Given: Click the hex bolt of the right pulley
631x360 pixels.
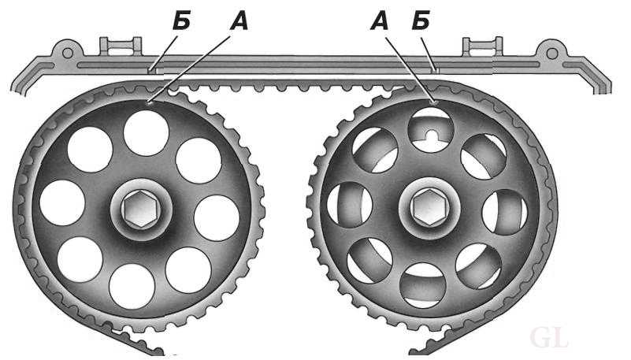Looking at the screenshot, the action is coord(430,207).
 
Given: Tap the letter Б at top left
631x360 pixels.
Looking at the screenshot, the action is coord(181,22).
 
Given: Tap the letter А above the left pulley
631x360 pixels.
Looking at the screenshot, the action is coord(239,22).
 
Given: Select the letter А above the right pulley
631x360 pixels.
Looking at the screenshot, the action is coord(380,22).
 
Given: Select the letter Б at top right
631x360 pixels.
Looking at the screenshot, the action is coord(421,22).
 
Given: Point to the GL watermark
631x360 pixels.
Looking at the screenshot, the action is coord(549,338).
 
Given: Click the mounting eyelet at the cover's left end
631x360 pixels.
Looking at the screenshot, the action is coord(68,53).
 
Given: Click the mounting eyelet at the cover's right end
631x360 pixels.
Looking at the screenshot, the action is coord(552,53).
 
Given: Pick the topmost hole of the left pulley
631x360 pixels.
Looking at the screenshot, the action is coord(146,133).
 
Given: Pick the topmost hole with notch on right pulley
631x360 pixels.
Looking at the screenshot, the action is coord(431,130).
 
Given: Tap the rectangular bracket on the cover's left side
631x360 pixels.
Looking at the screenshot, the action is coord(121,46).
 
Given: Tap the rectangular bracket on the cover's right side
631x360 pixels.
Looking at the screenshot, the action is coord(482,46).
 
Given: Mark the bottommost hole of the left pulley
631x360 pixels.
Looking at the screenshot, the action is coord(132,287).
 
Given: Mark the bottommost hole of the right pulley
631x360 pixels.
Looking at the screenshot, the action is coord(423,285).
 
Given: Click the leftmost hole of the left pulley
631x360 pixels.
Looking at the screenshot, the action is coord(62,202).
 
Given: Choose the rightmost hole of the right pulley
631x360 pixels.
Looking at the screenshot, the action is coord(505,212).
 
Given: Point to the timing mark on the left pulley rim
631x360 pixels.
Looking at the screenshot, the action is coord(150,103).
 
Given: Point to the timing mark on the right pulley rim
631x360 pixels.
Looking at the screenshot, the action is coord(434,102).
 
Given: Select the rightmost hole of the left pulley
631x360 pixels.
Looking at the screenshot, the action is coord(217,218).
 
